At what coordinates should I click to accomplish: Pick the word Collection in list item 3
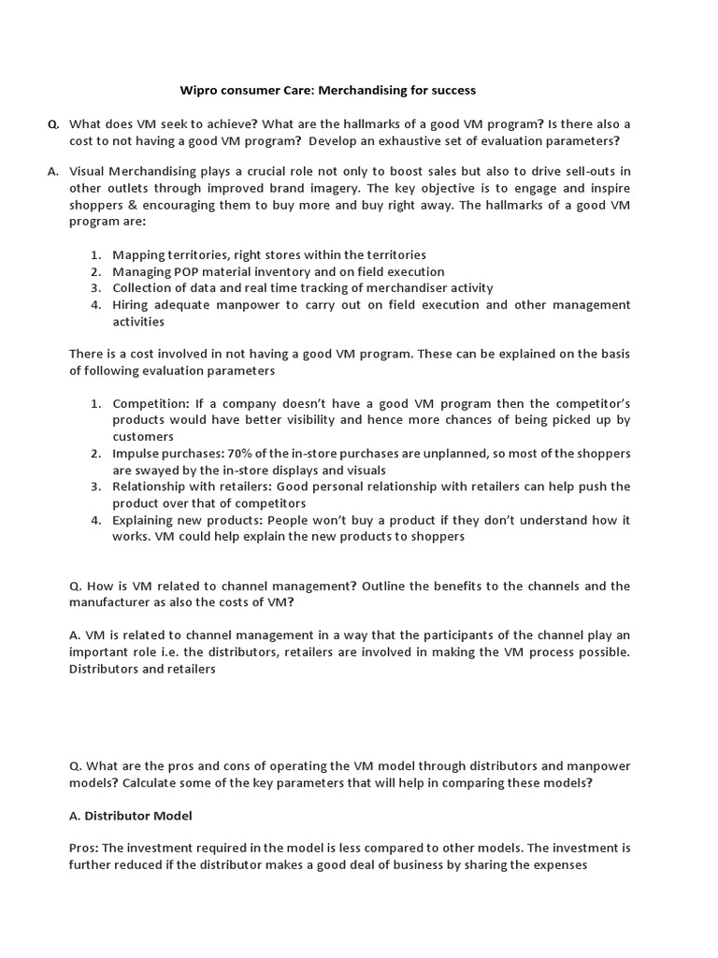[x=143, y=288]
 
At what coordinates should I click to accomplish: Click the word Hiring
[x=132, y=305]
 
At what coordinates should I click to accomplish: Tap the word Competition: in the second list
[x=151, y=403]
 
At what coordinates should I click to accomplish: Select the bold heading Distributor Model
[x=138, y=816]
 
